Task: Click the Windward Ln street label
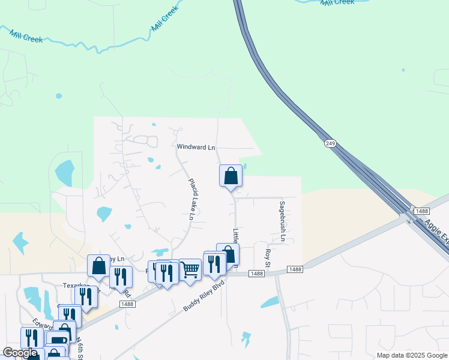(x=196, y=147)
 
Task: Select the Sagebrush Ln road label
(x=282, y=222)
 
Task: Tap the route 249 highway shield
(x=330, y=143)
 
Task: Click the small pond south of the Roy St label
(x=269, y=302)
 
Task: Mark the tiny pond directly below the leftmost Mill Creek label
(x=58, y=95)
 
